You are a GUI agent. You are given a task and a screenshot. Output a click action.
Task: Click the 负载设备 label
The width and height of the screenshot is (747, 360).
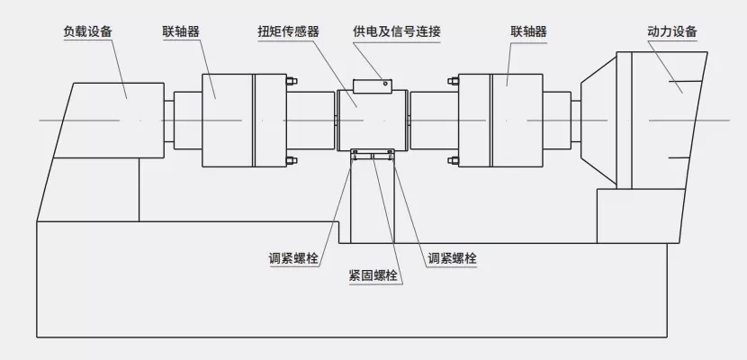pyautogui.click(x=87, y=31)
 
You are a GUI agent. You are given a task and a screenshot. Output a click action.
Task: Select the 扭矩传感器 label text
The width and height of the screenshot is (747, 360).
pyautogui.click(x=289, y=31)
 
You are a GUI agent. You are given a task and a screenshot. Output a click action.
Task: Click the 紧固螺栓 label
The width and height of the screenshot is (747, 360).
pyautogui.click(x=373, y=276)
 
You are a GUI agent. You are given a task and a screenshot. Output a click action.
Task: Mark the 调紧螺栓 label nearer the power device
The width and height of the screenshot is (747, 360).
pyautogui.click(x=453, y=258)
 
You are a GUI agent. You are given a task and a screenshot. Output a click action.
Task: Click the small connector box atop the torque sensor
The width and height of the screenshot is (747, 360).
pyautogui.click(x=373, y=85)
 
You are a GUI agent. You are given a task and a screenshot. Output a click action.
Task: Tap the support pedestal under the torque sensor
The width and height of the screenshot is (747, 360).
pyautogui.click(x=373, y=202)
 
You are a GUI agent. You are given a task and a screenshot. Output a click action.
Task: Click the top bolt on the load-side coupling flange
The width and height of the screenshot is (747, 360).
pyautogui.click(x=289, y=84)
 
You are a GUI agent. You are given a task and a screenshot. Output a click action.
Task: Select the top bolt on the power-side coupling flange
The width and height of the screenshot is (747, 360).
pyautogui.click(x=451, y=84)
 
